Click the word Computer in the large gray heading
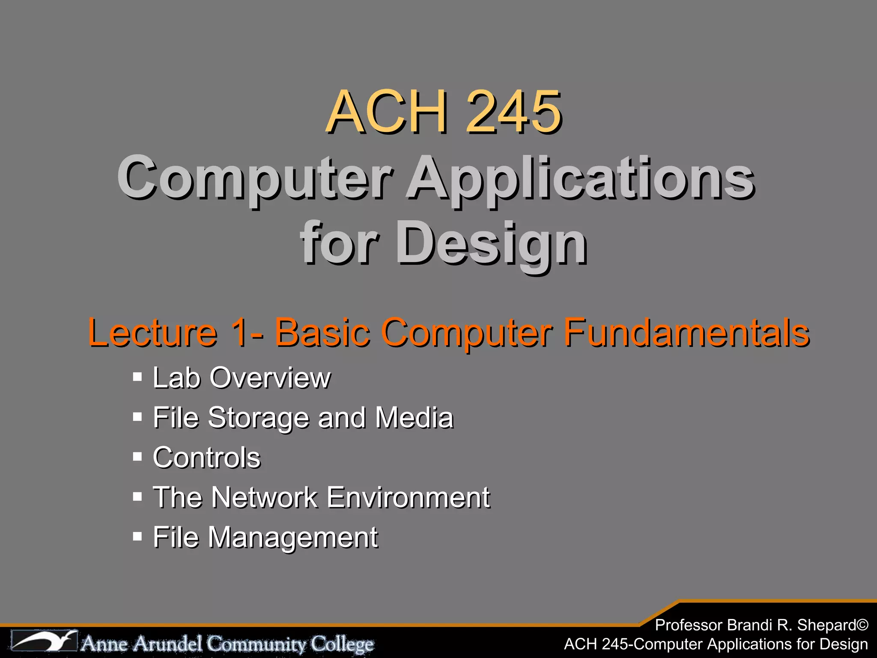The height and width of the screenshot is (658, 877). point(255,179)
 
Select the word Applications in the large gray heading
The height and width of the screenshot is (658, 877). point(580,179)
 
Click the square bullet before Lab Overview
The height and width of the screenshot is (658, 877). point(137,377)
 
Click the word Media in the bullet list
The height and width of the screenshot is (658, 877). point(414,417)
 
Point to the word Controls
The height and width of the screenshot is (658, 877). point(207,457)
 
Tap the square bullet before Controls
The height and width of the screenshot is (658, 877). point(137,457)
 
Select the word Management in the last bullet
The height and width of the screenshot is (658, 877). point(293,537)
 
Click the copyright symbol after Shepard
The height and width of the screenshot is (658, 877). point(862,625)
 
